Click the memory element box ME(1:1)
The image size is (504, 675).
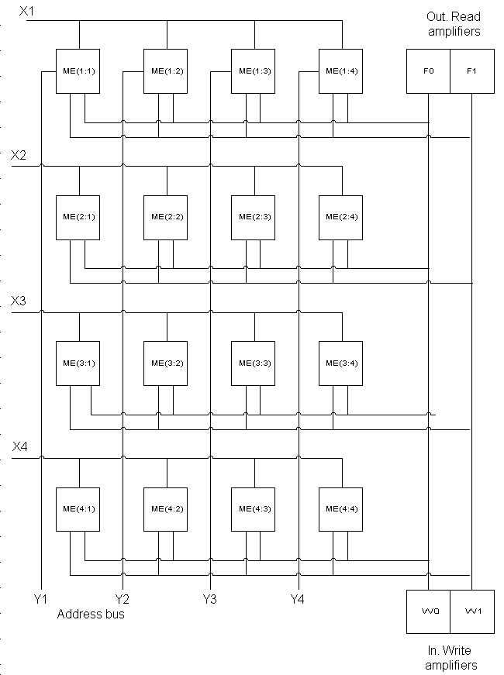78,71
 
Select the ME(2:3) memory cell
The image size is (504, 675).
254,216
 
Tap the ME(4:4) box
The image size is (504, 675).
341,508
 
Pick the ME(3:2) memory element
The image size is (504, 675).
166,363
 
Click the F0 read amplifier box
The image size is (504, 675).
428,71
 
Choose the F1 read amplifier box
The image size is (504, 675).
471,71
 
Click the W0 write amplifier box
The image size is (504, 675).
428,611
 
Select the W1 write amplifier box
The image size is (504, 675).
471,611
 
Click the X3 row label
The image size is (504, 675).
19,301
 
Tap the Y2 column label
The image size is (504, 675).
122,598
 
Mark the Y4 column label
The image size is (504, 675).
298,598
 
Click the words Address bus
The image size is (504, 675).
91,615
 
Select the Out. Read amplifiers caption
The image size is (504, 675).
454,24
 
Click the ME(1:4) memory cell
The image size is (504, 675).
341,71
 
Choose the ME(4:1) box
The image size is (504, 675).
78,508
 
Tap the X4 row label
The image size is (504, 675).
20,446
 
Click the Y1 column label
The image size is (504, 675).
40,598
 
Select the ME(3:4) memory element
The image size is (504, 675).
341,363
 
